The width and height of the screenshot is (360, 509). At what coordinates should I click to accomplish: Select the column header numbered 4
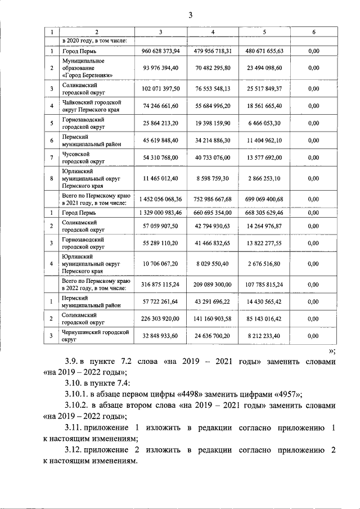tap(213, 32)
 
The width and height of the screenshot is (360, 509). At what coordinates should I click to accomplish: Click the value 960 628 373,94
tap(161, 51)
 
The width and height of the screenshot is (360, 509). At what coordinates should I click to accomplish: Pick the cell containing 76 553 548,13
tap(213, 89)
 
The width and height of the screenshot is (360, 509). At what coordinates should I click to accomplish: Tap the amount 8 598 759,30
tap(213, 178)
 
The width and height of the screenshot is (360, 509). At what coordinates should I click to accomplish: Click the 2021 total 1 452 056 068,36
tap(161, 200)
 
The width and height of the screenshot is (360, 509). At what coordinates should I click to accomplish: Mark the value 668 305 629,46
tap(264, 213)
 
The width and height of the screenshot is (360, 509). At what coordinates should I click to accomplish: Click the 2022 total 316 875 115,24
tap(161, 285)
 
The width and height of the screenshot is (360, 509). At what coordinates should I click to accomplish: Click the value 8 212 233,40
tap(264, 336)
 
